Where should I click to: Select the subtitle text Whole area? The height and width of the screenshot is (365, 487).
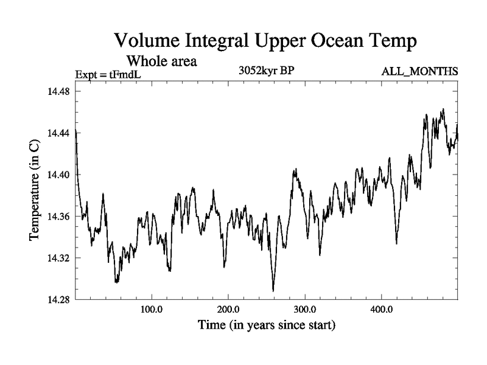tap(161, 61)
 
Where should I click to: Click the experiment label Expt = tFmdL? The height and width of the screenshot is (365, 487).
tap(108, 74)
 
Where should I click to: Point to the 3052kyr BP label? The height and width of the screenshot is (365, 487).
tap(267, 71)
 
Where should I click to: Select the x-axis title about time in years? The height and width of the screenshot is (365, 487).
tap(266, 325)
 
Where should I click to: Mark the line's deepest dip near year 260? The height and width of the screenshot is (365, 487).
tap(273, 291)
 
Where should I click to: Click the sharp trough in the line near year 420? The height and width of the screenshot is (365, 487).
tap(397, 243)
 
